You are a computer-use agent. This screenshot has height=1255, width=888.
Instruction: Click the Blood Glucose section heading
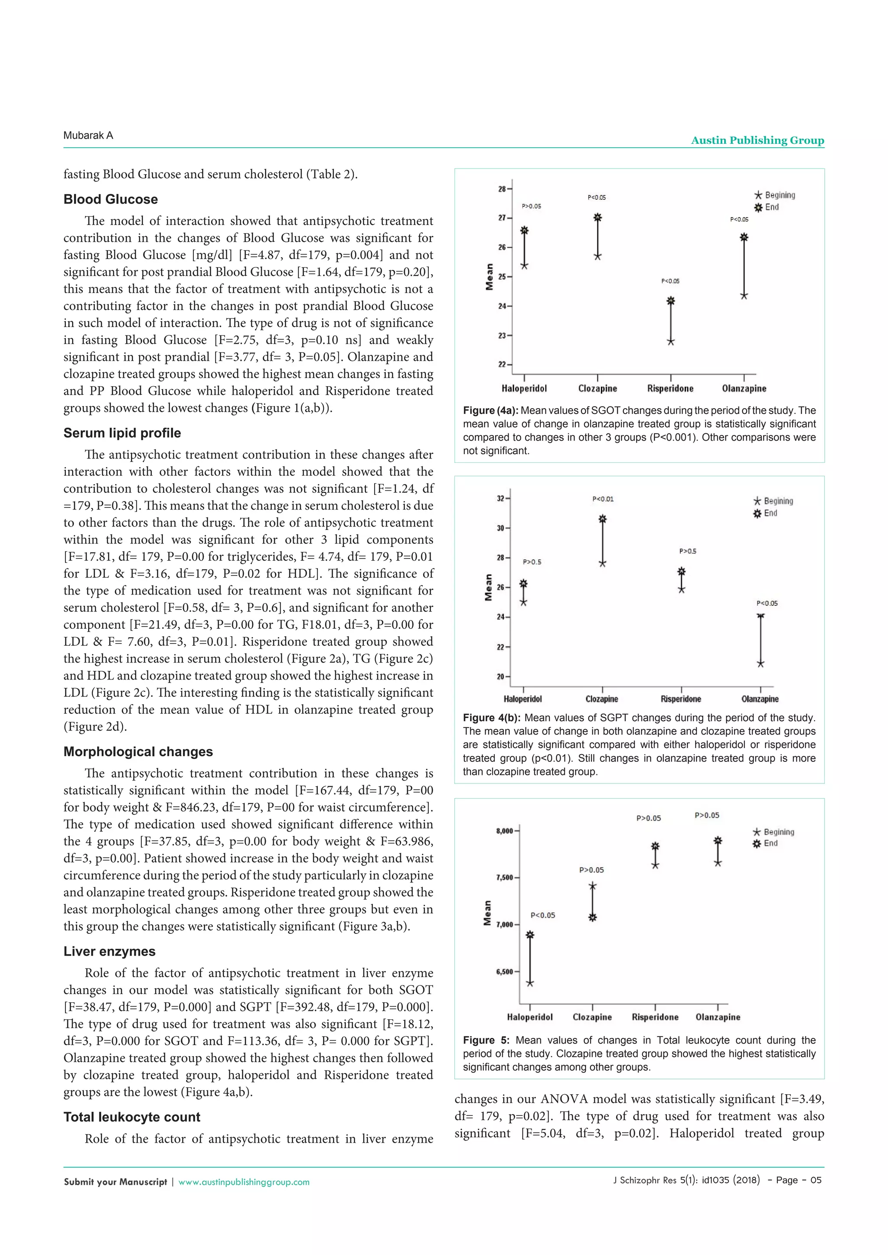point(111,199)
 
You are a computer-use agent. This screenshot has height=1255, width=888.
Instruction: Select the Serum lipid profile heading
point(122,433)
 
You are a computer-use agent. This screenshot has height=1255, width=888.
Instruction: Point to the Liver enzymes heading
point(109,951)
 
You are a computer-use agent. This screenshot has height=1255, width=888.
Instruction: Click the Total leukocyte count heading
point(132,1117)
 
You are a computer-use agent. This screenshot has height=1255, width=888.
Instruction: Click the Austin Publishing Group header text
point(757,140)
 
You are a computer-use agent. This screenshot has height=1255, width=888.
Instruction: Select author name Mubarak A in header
point(88,136)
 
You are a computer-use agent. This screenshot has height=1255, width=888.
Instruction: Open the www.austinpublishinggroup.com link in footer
point(244,1182)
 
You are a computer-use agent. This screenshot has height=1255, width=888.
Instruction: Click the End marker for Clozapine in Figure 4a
point(597,218)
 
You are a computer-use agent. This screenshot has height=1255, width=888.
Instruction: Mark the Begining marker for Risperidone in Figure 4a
point(671,341)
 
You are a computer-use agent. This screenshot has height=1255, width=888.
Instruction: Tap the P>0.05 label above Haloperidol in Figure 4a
point(531,206)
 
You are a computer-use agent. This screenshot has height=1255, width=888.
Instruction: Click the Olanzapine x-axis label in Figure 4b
point(760,699)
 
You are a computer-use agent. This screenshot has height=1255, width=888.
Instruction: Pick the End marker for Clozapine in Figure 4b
point(603,519)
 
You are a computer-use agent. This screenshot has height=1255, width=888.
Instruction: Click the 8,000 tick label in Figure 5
point(504,831)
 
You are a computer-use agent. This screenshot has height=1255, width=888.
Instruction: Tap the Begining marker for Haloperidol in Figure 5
point(530,983)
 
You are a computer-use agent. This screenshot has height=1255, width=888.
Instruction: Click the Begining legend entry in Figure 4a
point(775,195)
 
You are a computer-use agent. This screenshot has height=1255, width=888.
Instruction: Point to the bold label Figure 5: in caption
point(486,1040)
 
